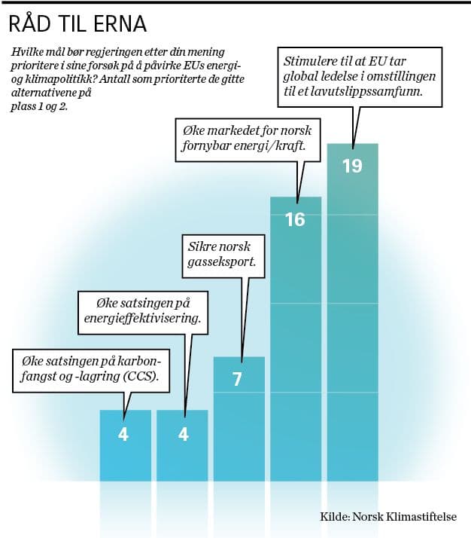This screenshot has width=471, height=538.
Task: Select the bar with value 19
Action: coord(352,316)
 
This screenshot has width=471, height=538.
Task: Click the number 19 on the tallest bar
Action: coord(352,166)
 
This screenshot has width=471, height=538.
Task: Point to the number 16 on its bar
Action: coord(296,220)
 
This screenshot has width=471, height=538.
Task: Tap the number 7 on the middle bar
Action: coord(238,379)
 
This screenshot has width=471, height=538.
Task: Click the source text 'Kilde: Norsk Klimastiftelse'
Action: coord(388,518)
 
